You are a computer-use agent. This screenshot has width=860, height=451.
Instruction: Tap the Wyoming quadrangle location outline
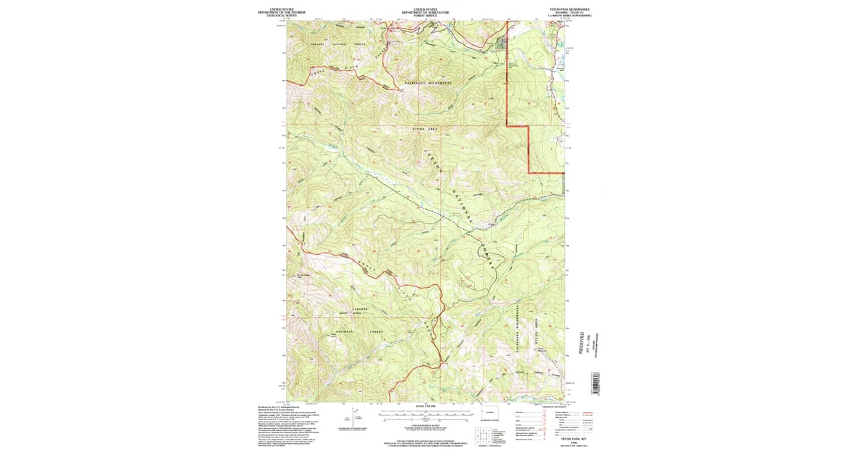(489, 414)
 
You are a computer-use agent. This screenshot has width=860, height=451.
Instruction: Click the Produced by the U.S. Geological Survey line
(278, 406)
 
